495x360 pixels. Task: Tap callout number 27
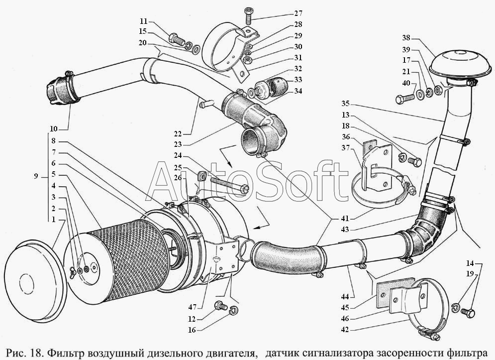pyautogui.click(x=297, y=13)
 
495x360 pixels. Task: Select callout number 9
pyautogui.click(x=36, y=176)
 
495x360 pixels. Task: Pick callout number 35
pyautogui.click(x=346, y=104)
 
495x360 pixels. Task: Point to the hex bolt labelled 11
pyautogui.click(x=177, y=39)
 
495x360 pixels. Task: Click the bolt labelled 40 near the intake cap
pyautogui.click(x=404, y=99)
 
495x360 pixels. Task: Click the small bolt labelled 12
pyautogui.click(x=219, y=305)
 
